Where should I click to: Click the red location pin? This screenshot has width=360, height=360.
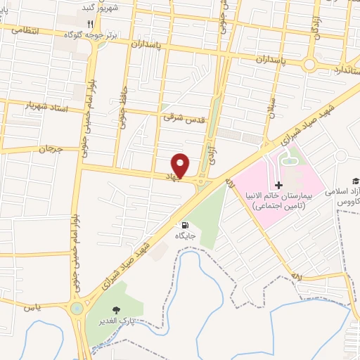(x=181, y=165)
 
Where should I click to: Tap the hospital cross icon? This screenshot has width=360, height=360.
(x=279, y=185)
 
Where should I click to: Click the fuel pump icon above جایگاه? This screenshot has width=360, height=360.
(x=185, y=225)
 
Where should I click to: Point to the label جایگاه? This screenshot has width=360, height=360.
(x=185, y=236)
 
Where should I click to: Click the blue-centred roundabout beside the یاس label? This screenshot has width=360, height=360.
(x=76, y=308)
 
